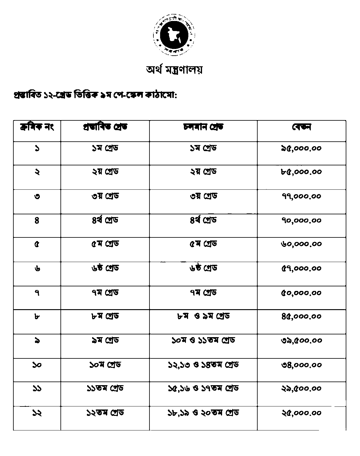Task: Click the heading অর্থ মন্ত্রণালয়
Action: pos(174,70)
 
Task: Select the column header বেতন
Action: pos(301,127)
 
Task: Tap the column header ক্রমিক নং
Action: pos(37,127)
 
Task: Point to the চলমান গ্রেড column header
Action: pos(203,127)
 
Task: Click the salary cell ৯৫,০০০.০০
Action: pos(301,149)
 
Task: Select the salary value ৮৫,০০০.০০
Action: pos(301,172)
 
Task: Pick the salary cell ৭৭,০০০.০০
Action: pos(301,196)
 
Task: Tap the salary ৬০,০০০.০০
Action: pos(301,244)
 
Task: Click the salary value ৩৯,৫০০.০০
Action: pos(301,340)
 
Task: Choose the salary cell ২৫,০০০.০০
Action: pos(301,413)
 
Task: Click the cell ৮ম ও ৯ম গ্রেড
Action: pos(203,316)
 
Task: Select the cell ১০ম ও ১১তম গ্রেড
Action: pos(203,340)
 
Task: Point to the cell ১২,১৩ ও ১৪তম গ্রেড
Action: pos(203,364)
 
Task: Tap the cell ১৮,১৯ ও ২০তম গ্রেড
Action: pos(203,413)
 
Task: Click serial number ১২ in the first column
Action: pos(37,413)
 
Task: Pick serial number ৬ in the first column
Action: pos(37,268)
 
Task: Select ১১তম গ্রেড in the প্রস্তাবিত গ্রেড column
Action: pos(105,389)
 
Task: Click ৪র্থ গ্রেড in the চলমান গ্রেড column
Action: pos(203,220)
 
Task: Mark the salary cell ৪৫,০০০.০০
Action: pos(301,317)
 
